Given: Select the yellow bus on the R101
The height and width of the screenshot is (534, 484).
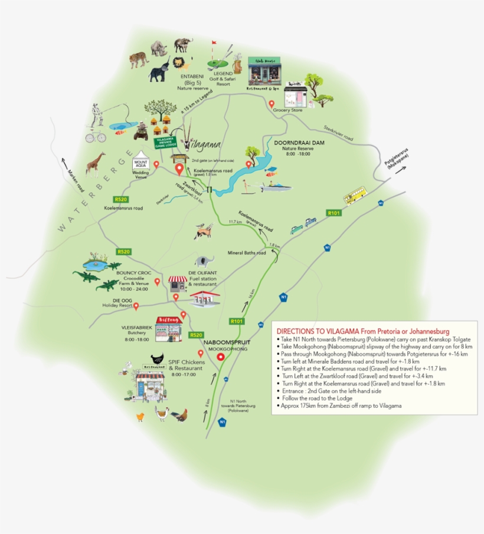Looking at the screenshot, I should click(355, 195).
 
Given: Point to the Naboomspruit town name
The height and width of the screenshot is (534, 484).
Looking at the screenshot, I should click(223, 342).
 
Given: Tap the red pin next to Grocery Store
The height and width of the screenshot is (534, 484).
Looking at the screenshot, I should click(272, 104).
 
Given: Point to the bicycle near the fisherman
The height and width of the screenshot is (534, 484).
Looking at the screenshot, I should click(95, 137).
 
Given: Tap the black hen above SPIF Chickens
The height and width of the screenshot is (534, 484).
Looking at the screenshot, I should click(158, 359).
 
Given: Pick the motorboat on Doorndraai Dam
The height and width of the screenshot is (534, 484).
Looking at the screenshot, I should click(276, 187).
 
